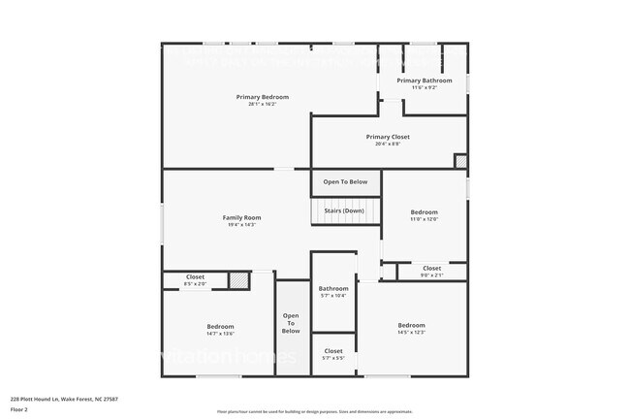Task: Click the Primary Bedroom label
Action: pos(263,97)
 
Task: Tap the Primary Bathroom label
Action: pos(425,81)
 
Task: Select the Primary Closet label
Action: pos(388,137)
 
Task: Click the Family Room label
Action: pos(242,217)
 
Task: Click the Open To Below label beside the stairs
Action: pos(345,181)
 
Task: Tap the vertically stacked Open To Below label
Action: pos(291,324)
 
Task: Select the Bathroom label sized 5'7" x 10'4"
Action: pos(333,288)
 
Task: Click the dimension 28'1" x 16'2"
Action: pos(263,104)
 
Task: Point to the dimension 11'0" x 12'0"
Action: pos(425,218)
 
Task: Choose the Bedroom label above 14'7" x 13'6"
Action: pos(220,326)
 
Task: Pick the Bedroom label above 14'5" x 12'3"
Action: pos(412,325)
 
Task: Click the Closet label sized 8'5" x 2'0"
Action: pos(195,277)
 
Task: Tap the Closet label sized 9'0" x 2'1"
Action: pos(431,268)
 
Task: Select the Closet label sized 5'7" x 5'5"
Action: pos(333,350)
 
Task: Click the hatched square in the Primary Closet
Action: pos(460,161)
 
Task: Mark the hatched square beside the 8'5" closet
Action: pos(236,279)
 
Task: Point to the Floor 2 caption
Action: pos(19,409)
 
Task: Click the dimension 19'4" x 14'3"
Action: pos(242,224)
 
